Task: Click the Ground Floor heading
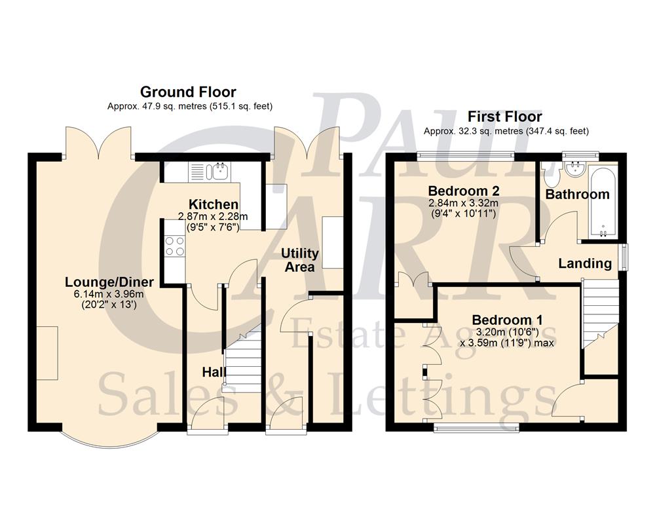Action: click(188, 92)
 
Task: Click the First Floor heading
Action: click(504, 117)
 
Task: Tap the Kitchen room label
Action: click(214, 204)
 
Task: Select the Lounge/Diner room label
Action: click(109, 282)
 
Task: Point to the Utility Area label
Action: click(300, 259)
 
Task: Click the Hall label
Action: click(214, 372)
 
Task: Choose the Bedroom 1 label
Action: click(507, 320)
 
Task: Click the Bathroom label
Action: click(577, 195)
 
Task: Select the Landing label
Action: click(585, 264)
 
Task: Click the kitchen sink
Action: click(218, 172)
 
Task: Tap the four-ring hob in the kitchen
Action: click(175, 246)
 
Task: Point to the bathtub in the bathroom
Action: click(601, 202)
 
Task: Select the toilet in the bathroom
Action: click(549, 175)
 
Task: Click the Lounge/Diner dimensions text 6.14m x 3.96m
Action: click(109, 294)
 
